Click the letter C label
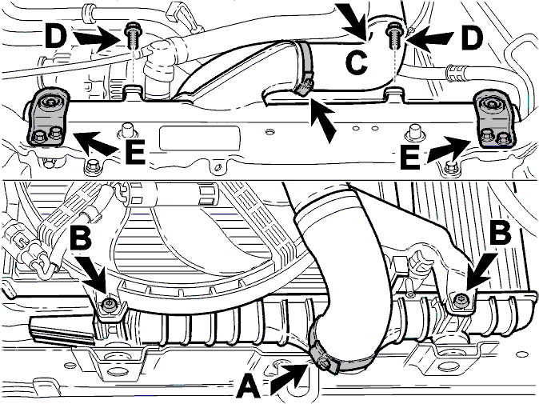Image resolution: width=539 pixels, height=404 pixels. [357, 64]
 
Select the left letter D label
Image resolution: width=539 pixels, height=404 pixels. [55, 36]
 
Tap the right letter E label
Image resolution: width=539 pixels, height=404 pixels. [410, 157]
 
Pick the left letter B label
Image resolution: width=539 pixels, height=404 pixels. [81, 238]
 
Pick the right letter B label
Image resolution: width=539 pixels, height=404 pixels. [501, 234]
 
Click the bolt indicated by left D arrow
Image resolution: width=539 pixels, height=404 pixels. [132, 36]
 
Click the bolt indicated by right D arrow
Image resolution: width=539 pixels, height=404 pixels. [393, 37]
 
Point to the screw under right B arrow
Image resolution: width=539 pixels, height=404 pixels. [459, 301]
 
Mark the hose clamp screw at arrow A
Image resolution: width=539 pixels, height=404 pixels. [323, 362]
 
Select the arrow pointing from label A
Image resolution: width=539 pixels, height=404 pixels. [289, 378]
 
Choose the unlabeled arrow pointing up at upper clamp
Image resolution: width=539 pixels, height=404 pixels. [322, 119]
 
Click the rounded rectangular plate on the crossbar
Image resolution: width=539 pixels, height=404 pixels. [199, 138]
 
